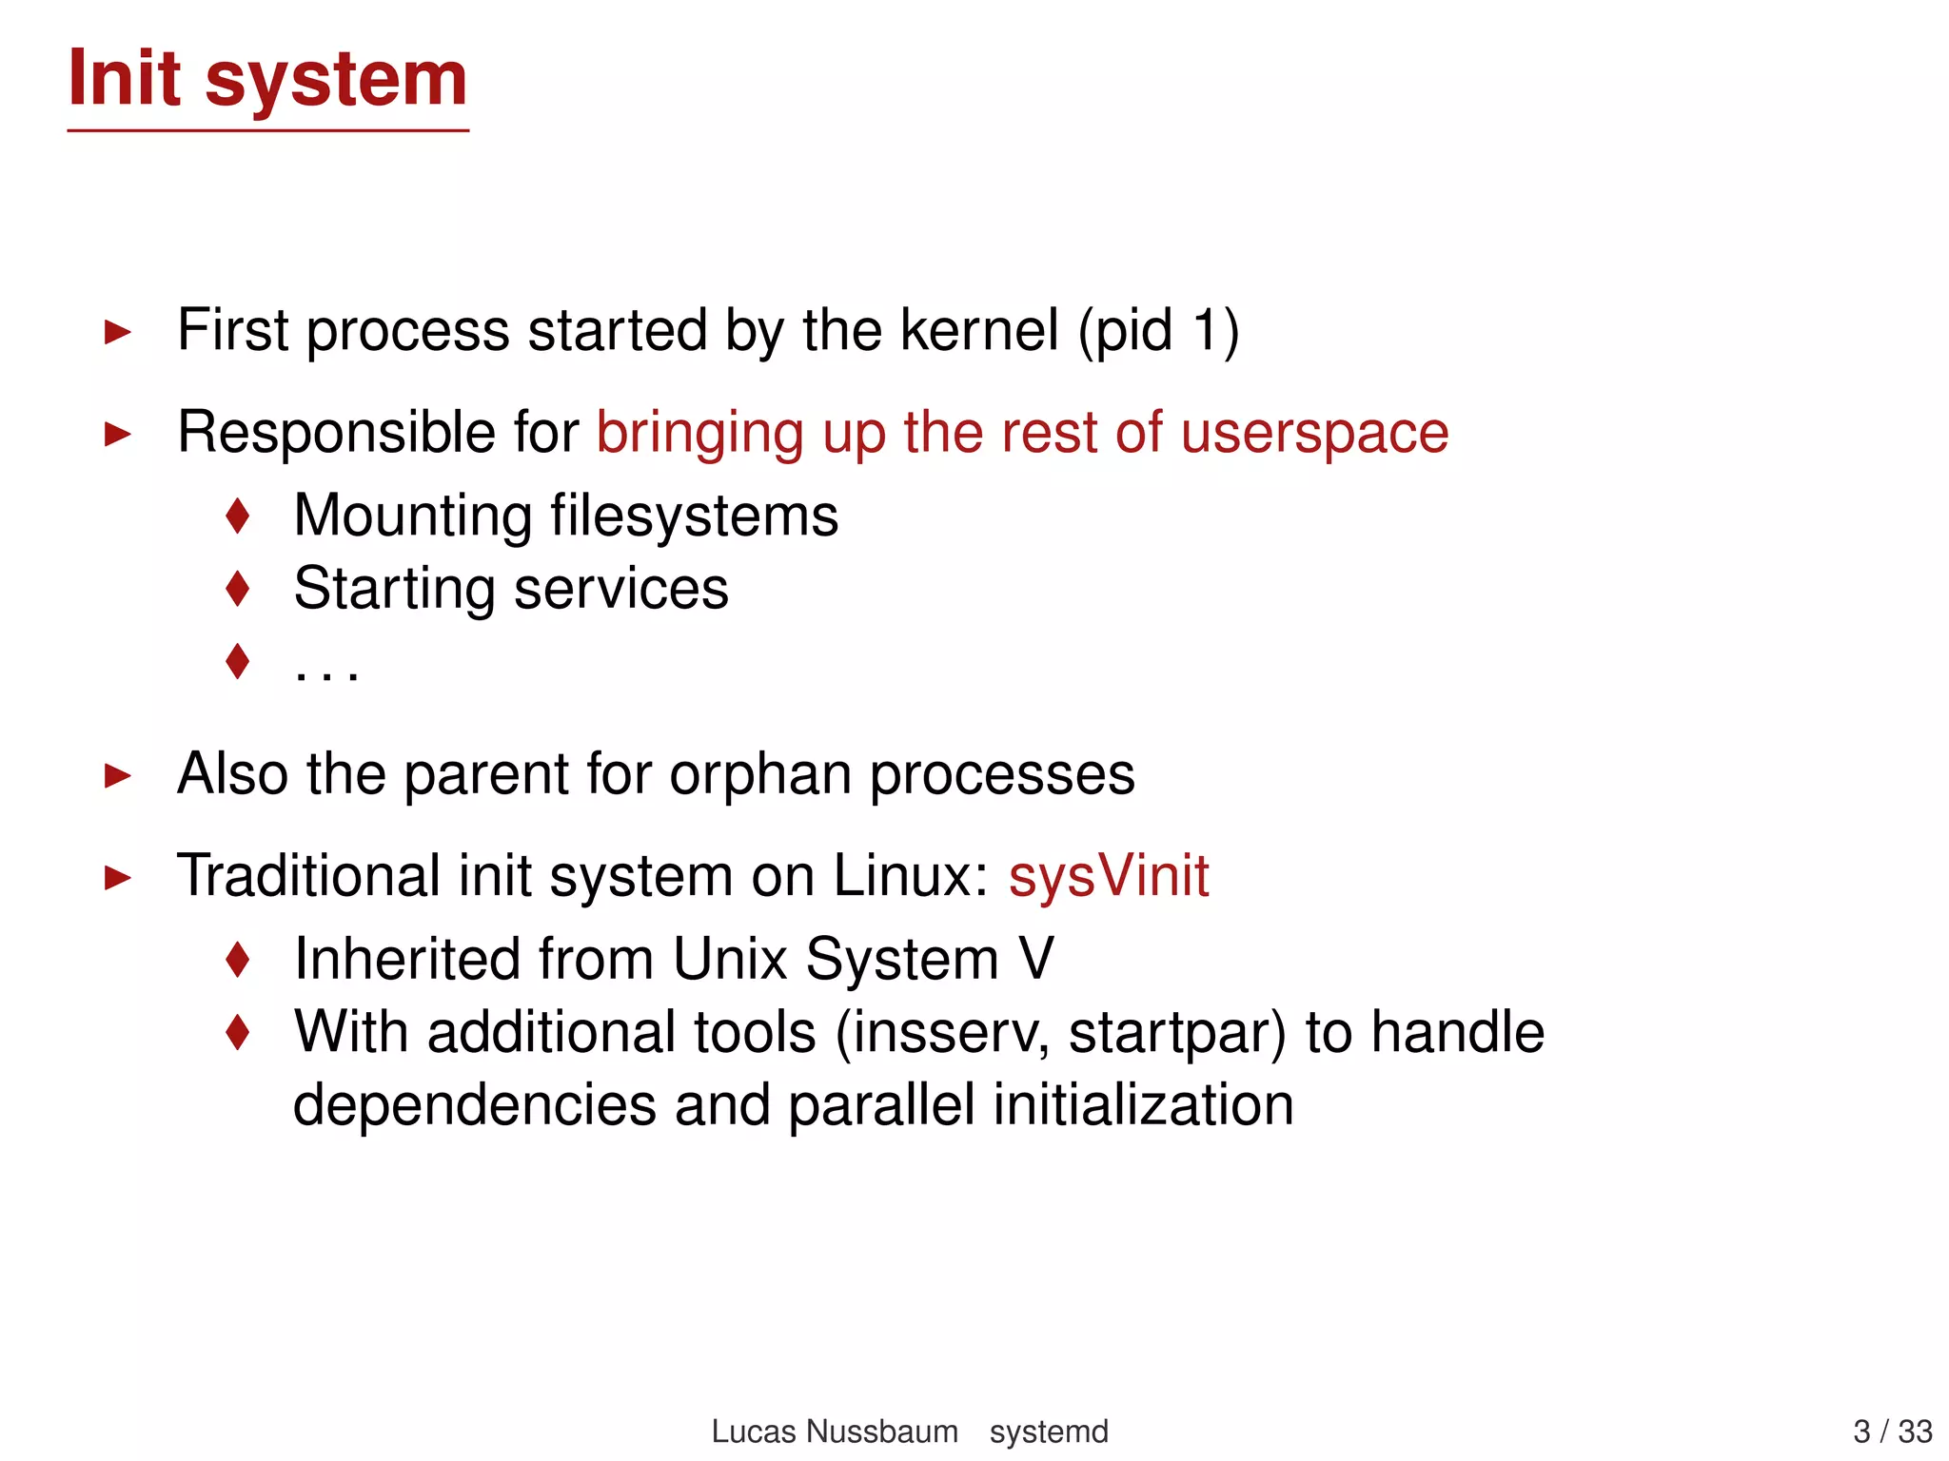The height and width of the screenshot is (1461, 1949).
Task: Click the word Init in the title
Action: click(124, 78)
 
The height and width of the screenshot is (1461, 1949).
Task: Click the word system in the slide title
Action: click(336, 82)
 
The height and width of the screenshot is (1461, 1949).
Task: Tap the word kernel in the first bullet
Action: click(978, 330)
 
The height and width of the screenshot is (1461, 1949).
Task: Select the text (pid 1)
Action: click(1158, 332)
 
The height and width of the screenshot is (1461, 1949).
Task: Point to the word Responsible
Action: click(336, 433)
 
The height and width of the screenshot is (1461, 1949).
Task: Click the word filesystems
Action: click(695, 516)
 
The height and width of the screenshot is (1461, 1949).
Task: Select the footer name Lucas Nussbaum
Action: click(834, 1432)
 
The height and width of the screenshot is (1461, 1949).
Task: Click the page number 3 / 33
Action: click(1892, 1432)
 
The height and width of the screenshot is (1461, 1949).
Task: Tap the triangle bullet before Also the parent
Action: click(117, 775)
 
